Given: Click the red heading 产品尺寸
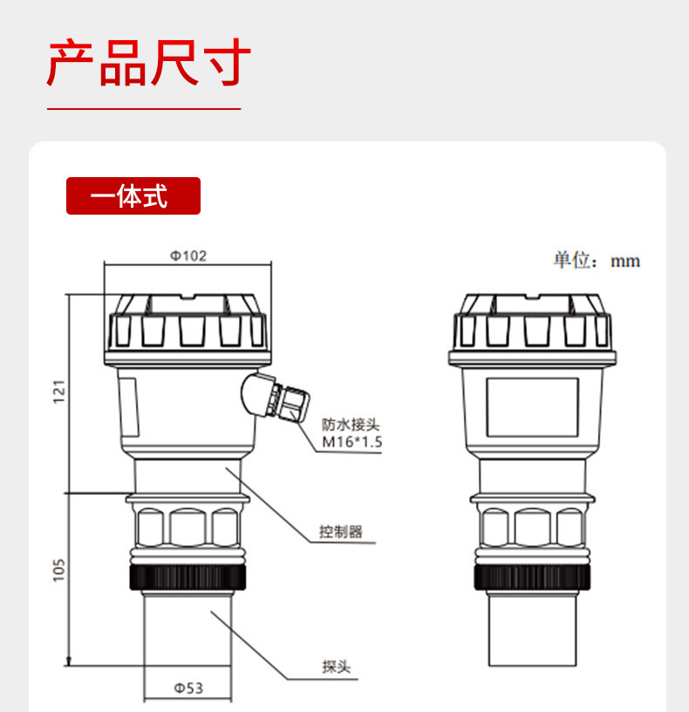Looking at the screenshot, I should click(148, 64).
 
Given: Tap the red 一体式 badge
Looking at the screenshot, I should click(133, 196).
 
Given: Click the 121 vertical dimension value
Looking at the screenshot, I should click(59, 393).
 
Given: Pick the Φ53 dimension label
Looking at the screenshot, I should click(186, 688).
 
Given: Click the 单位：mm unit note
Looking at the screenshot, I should click(596, 261).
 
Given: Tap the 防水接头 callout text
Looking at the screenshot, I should click(351, 425).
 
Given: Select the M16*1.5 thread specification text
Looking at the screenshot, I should click(352, 442).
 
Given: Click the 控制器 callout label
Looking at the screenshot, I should click(340, 531).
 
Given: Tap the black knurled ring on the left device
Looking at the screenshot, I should click(188, 578).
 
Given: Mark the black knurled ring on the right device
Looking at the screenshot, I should click(534, 578).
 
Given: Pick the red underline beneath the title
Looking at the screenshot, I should click(143, 109).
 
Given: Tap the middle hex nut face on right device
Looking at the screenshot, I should click(534, 527).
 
